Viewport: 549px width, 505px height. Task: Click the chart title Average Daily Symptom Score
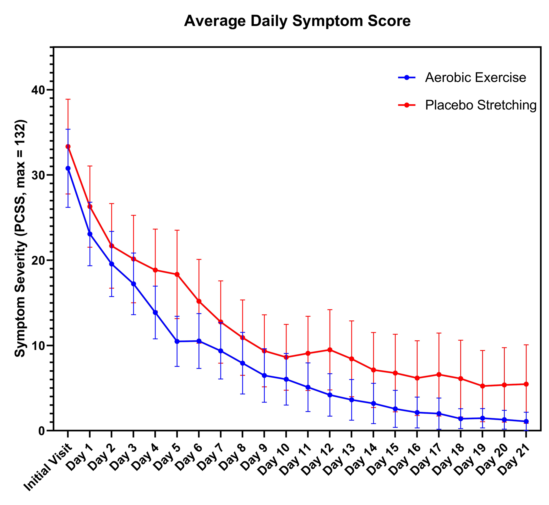[297, 21]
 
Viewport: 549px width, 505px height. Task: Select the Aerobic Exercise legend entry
[475, 78]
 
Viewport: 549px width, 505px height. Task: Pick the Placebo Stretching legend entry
[481, 105]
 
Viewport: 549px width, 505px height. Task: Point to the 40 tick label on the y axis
[39, 90]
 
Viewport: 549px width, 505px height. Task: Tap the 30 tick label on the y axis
[39, 175]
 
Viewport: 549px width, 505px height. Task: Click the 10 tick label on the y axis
[39, 346]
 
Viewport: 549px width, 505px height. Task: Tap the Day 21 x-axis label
[514, 459]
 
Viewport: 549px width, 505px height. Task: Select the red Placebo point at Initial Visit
[68, 147]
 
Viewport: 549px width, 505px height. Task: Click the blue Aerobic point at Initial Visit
[68, 168]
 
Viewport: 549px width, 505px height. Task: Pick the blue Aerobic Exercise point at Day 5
[177, 341]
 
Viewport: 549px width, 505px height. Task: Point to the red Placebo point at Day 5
[177, 274]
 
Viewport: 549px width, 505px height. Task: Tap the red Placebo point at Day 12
[330, 350]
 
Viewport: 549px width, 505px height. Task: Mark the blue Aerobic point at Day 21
[526, 421]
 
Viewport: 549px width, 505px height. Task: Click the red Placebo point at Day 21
[526, 384]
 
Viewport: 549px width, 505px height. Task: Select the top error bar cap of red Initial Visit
[68, 99]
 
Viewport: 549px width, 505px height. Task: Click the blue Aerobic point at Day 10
[286, 379]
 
